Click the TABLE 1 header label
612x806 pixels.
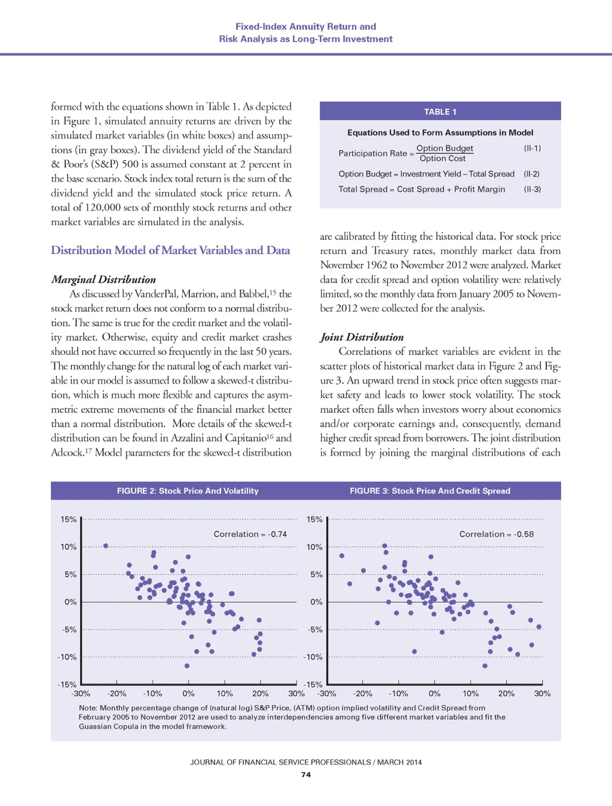[x=440, y=112]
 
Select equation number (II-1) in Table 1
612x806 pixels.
[x=532, y=148]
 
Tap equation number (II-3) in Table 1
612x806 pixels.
[x=532, y=189]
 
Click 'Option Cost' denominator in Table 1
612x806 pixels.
[x=442, y=159]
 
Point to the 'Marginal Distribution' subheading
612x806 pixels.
[x=103, y=280]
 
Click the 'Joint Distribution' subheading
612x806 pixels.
[x=362, y=338]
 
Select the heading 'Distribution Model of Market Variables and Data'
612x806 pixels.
[x=170, y=250]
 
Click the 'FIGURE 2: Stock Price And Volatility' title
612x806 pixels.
[x=188, y=491]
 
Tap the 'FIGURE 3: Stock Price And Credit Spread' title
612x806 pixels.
[x=430, y=491]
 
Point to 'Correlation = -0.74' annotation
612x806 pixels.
[x=250, y=534]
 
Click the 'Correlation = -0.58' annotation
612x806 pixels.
[x=496, y=534]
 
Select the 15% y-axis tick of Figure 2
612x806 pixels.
[x=68, y=520]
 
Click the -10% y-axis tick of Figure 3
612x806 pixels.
[x=314, y=657]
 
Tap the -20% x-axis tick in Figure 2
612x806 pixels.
[x=117, y=694]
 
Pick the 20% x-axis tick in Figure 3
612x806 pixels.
[x=506, y=694]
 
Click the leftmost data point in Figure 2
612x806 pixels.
[x=106, y=545]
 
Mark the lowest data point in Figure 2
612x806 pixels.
[x=186, y=666]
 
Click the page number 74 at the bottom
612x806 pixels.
[x=306, y=775]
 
